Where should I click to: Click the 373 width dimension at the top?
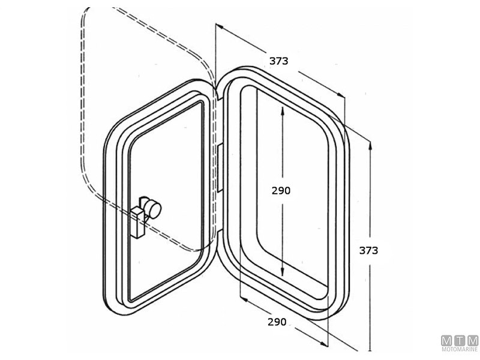tap(278, 61)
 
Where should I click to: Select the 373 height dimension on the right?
tap(368, 250)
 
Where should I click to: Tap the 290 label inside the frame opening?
tap(281, 190)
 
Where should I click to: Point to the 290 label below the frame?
tap(277, 322)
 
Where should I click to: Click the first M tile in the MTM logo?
tap(447, 341)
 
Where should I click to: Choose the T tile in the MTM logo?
tap(460, 341)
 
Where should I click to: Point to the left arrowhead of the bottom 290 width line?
tap(242, 298)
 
